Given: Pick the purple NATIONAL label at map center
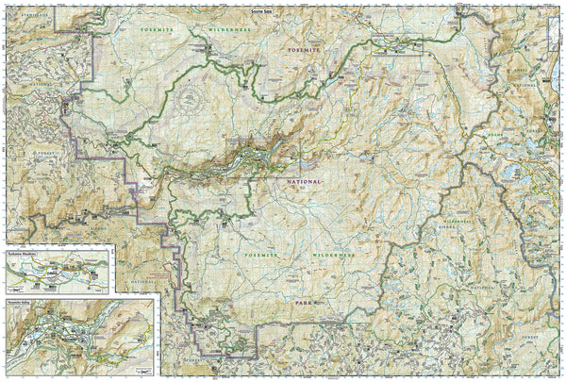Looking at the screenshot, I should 305,179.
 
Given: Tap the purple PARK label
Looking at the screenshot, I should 303,304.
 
